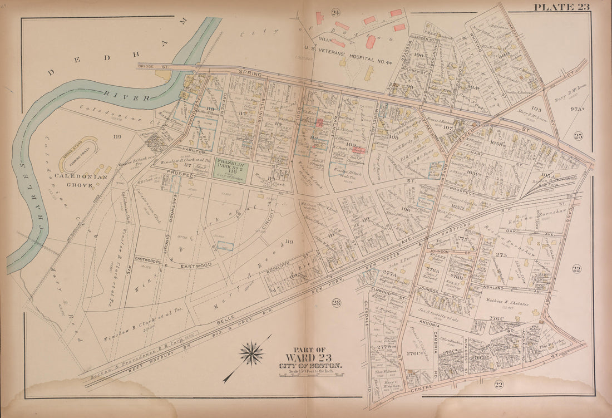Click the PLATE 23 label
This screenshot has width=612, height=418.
[561, 7]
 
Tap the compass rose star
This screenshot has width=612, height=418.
[252, 353]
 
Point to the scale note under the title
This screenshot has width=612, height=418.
[311, 372]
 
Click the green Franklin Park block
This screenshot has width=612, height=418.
[230, 168]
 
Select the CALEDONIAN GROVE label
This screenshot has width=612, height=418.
[73, 180]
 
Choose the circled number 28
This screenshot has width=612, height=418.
[336, 303]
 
